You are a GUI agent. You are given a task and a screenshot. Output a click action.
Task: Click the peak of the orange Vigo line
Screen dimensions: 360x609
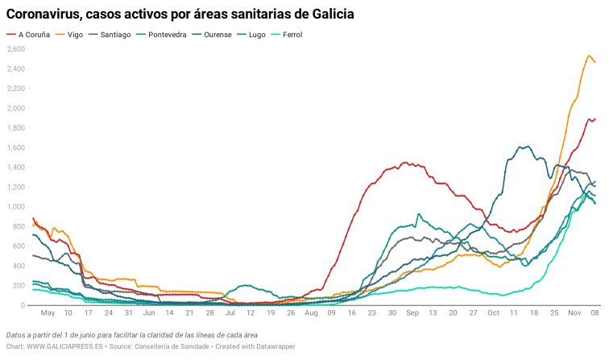point(590,56)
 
